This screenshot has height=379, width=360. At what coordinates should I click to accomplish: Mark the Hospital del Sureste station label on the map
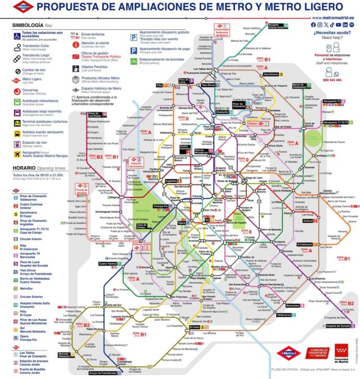pos(338,326)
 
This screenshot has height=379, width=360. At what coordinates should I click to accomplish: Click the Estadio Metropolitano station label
pos(337,193)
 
